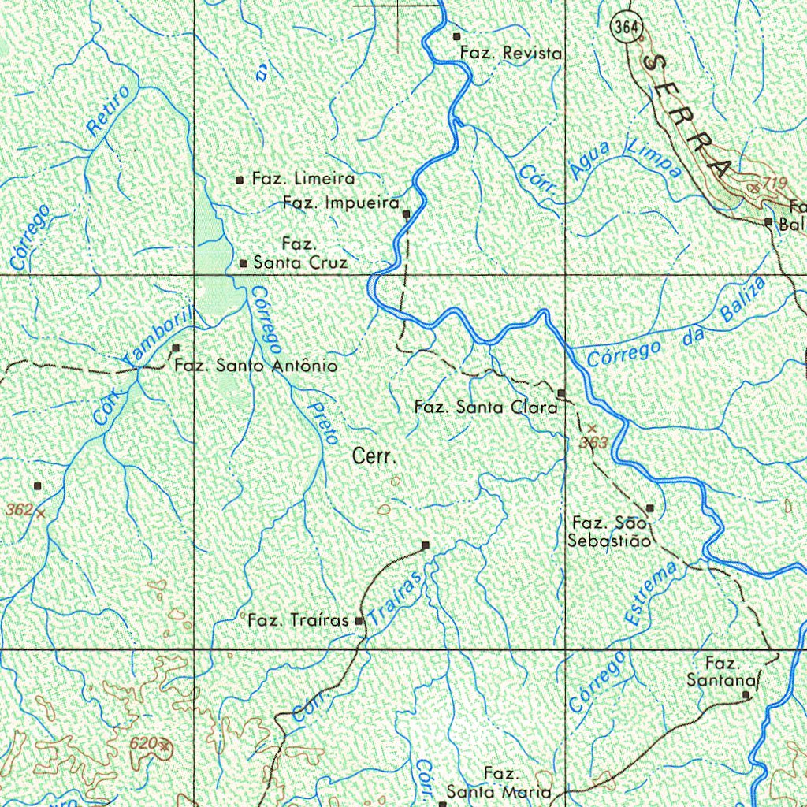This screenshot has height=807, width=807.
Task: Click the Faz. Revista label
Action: coord(511,53)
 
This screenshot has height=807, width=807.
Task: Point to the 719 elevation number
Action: coord(775,184)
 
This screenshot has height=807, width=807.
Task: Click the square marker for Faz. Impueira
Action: coord(407,214)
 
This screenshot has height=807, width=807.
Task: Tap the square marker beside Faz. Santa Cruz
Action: coord(243,263)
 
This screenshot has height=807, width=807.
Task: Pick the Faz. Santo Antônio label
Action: coord(255,366)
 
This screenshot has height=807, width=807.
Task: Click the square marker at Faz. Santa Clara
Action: coord(561,392)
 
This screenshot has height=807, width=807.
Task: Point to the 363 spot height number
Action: coord(593,443)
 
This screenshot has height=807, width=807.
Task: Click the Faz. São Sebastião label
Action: coord(609,532)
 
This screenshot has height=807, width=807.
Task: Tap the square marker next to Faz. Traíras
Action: coord(359,622)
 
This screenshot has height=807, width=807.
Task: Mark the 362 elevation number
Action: coord(19,510)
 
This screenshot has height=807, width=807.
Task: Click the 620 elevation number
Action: coord(143,743)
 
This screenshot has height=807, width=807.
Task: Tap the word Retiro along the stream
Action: coord(109,112)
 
